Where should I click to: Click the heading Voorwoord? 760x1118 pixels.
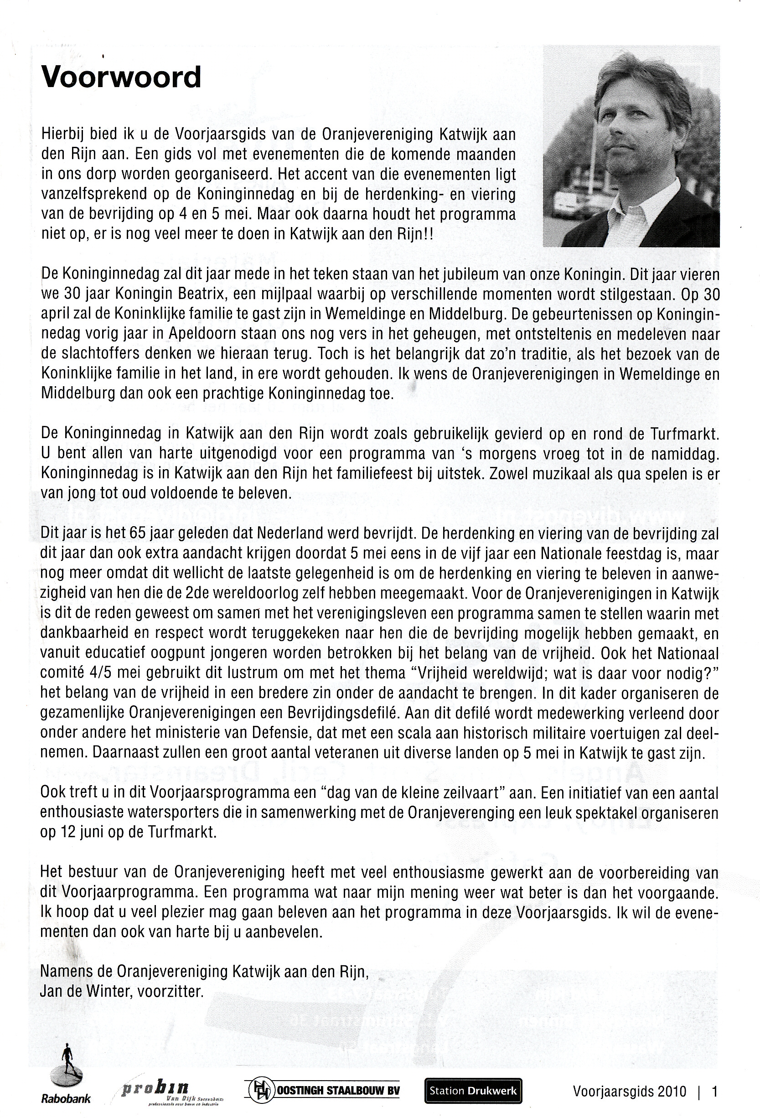point(121,78)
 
